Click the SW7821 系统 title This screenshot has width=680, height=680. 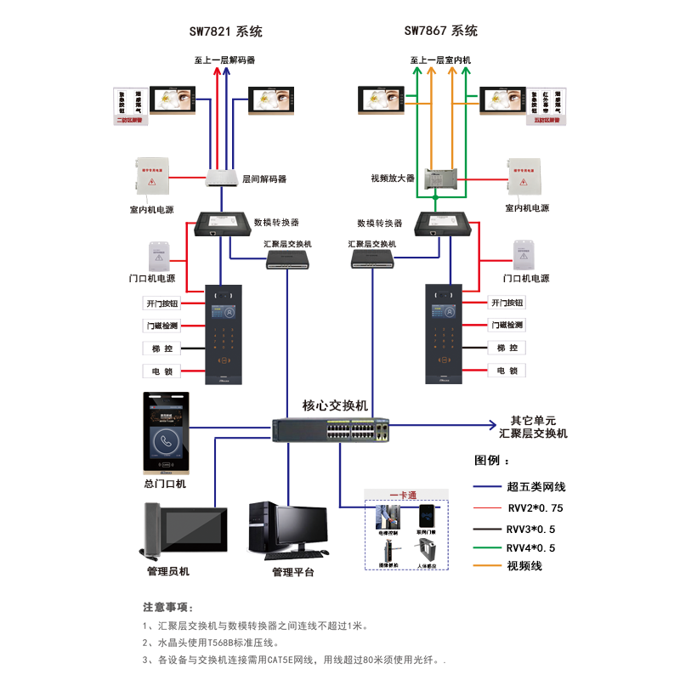click(x=225, y=31)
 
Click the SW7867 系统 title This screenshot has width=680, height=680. click(x=440, y=31)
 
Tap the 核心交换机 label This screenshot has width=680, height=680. click(x=335, y=405)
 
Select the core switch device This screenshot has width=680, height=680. click(x=331, y=430)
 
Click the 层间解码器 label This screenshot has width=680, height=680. click(x=264, y=179)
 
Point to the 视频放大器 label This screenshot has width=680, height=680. click(x=392, y=178)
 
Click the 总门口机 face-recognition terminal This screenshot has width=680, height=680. click(x=167, y=433)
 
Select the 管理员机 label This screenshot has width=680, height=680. click(x=168, y=572)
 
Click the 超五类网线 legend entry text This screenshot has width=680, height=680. click(x=536, y=486)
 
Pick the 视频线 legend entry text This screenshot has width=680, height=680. click(x=524, y=566)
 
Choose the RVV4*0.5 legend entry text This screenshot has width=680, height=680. click(x=530, y=547)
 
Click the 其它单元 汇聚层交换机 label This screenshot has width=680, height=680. click(x=533, y=427)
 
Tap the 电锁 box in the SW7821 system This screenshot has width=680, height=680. click(x=161, y=371)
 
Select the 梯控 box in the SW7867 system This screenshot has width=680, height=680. click(x=507, y=348)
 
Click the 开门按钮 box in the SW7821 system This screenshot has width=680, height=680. click(x=161, y=303)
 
